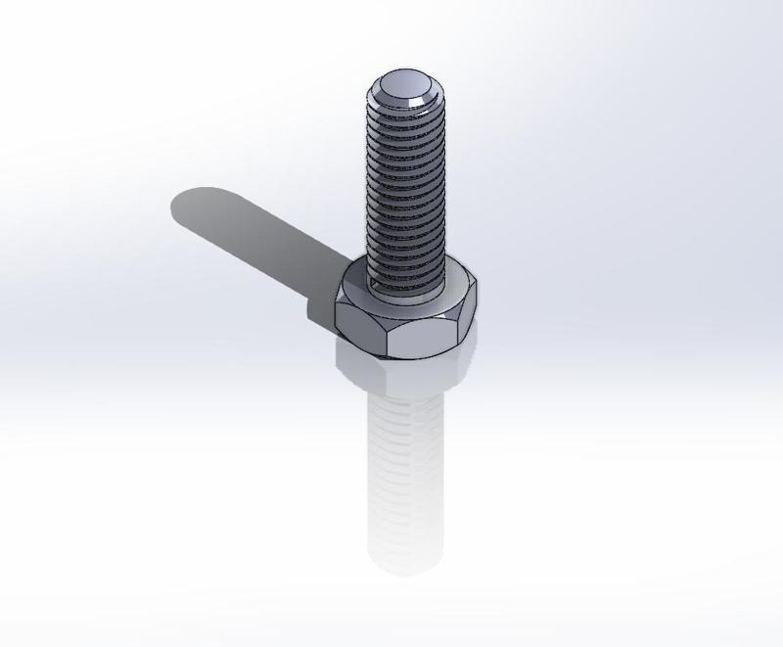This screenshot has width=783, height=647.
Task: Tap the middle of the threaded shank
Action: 405,186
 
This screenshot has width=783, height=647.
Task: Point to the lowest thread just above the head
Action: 405,279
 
